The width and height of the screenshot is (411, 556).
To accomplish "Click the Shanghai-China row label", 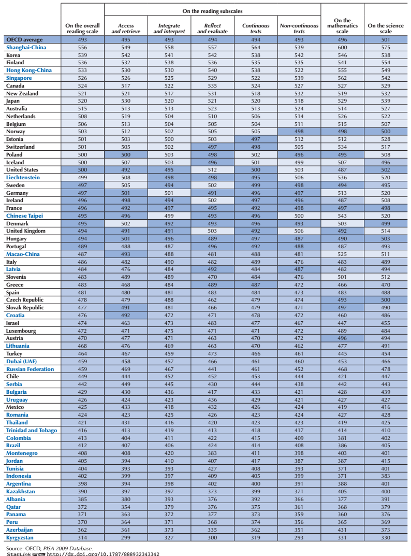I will tap(26, 47).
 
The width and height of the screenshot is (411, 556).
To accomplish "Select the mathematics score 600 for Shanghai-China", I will tap(342, 47).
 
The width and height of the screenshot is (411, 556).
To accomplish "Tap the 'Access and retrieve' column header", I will tap(126, 28).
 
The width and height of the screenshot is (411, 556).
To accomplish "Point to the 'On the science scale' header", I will tap(386, 28).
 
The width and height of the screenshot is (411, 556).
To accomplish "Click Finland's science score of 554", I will tap(386, 63).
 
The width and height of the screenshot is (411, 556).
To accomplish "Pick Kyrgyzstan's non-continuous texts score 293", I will tap(299, 538).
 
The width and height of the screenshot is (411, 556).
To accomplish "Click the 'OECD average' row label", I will tap(24, 40).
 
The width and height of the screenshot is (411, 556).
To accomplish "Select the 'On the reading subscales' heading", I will tap(212, 11).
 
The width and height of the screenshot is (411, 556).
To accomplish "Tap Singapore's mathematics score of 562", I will tap(342, 78).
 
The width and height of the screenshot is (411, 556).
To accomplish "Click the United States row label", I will tap(22, 169).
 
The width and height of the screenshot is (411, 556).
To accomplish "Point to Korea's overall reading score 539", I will tap(83, 55).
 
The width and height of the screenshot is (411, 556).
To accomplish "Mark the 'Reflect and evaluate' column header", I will tap(212, 28).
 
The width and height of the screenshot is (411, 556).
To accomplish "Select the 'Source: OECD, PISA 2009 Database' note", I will tap(50, 548).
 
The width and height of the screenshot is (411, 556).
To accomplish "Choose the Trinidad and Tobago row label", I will tap(32, 430).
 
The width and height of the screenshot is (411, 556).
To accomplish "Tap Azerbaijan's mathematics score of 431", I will tap(342, 530).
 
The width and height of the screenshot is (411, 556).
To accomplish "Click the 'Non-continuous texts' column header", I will tap(299, 28).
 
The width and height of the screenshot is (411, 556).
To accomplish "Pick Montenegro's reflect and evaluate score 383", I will tap(212, 453).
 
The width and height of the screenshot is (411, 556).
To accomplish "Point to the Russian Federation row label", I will tap(30, 369).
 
